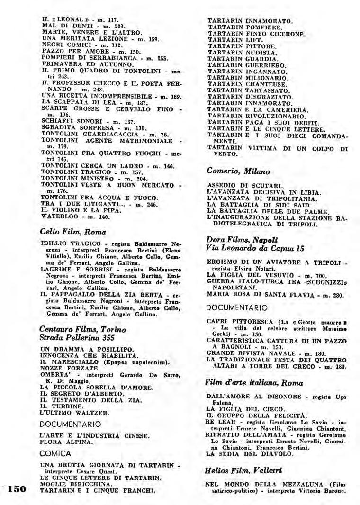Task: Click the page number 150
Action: (x=17, y=489)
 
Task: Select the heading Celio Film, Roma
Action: (x=73, y=232)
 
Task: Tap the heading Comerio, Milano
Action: (x=238, y=171)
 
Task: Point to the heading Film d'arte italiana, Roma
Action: (x=254, y=382)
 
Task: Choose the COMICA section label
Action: (x=55, y=453)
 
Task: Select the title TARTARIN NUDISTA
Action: (x=242, y=53)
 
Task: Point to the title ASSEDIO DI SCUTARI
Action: (x=245, y=185)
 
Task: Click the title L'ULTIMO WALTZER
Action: (x=74, y=412)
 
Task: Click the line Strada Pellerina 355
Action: (x=77, y=338)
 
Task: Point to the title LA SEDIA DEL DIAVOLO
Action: (x=250, y=453)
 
